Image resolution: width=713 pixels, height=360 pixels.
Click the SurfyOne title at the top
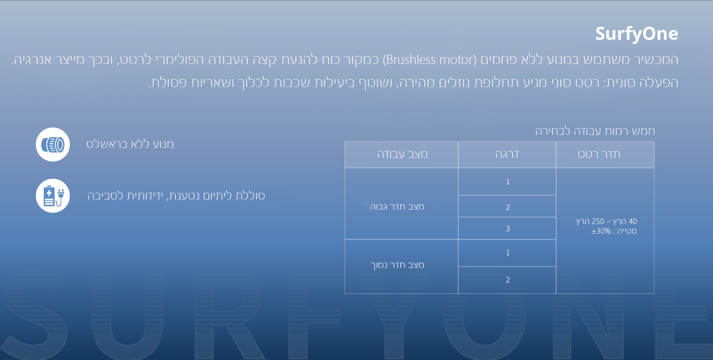[x=637, y=34]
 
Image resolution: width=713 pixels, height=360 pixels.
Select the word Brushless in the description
[x=411, y=59]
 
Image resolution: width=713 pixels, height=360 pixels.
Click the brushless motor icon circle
[x=53, y=145]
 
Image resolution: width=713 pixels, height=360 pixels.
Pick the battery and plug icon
[x=53, y=196]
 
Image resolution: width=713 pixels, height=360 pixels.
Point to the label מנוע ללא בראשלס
[x=130, y=144]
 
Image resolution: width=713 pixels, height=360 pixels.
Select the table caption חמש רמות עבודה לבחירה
[x=595, y=131]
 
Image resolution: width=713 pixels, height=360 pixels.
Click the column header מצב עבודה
[x=403, y=154]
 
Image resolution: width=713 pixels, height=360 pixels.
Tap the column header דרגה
[x=507, y=154]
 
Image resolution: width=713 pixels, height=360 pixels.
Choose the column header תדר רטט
[x=599, y=154]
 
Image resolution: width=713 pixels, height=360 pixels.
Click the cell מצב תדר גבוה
[x=397, y=207]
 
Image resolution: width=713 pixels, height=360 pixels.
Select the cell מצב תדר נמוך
[x=397, y=265]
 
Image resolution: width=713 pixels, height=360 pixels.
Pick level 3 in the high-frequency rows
[x=508, y=229]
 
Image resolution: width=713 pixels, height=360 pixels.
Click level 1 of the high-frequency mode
[x=508, y=182]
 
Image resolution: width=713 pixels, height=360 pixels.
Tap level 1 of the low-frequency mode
[x=508, y=253]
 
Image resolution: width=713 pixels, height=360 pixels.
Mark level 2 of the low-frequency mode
[x=508, y=280]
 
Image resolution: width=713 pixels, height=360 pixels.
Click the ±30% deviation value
[x=601, y=231]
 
